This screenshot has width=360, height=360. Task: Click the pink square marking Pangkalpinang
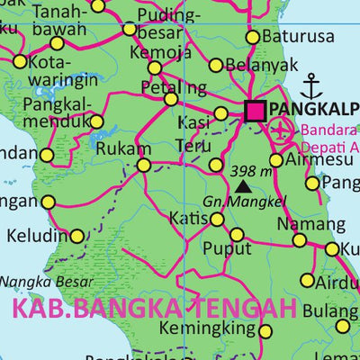click(255, 111)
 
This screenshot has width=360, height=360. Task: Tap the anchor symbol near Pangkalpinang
click(311, 87)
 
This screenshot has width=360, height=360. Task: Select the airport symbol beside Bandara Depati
click(283, 128)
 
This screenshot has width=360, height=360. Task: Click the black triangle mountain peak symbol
click(243, 186)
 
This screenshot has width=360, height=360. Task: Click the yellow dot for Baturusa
click(253, 37)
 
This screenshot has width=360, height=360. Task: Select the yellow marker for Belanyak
click(216, 65)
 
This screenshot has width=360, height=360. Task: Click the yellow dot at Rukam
click(144, 165)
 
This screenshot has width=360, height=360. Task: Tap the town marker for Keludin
click(77, 237)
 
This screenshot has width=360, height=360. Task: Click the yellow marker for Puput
click(237, 235)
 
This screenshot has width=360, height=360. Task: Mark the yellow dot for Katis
click(217, 219)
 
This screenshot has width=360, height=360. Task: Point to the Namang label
click(298, 224)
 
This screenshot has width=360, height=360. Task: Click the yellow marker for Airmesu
click(276, 160)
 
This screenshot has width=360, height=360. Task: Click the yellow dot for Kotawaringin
click(20, 61)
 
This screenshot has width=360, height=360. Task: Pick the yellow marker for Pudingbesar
click(130, 29)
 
